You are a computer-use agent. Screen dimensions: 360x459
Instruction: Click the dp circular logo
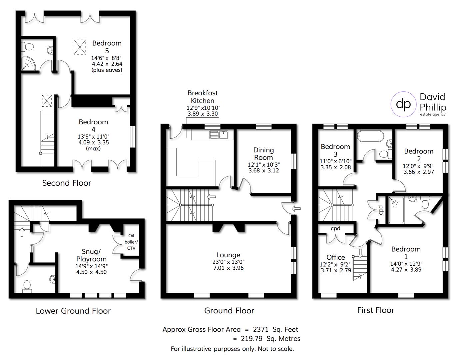(403, 104)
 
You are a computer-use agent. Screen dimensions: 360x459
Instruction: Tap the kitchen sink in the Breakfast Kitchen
(219, 134)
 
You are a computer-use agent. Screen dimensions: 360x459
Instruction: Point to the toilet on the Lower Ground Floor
(27, 286)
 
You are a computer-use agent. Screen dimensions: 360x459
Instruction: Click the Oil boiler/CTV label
(131, 242)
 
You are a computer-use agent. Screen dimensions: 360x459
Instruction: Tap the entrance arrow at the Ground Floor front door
(296, 209)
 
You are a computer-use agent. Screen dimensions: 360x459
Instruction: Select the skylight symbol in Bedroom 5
(79, 47)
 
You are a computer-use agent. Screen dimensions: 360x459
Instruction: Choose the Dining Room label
(263, 154)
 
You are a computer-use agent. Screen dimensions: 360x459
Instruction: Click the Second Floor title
(67, 183)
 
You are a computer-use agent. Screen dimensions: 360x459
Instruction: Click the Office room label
(335, 257)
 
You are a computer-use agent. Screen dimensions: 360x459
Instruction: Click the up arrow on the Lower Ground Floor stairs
(22, 232)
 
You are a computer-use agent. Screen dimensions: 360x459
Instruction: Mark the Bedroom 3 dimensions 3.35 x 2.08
(335, 167)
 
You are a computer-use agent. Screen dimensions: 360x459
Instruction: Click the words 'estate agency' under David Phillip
(432, 114)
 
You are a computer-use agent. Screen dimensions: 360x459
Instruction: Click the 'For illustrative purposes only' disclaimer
(232, 349)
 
